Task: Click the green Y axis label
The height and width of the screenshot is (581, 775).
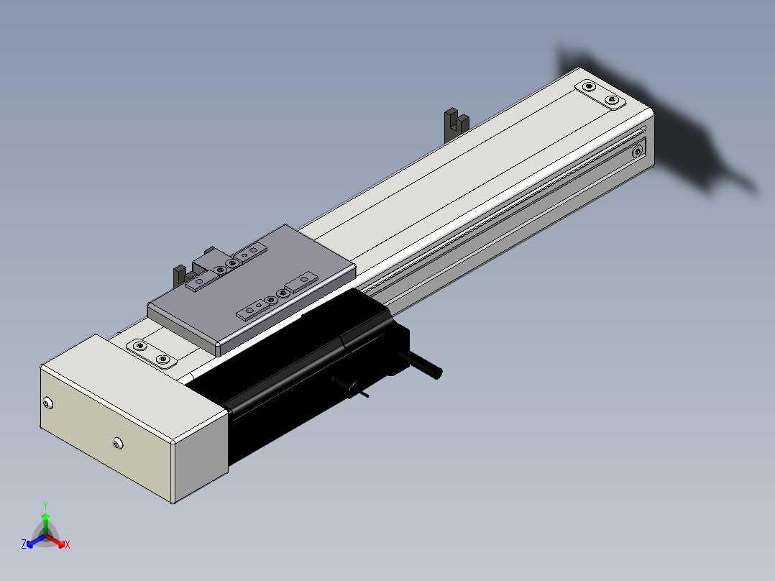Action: tap(45, 505)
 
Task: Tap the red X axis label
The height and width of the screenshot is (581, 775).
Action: tap(68, 544)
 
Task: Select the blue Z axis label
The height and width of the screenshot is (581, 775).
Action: tap(24, 544)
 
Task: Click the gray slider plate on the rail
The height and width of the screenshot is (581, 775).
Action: tap(252, 289)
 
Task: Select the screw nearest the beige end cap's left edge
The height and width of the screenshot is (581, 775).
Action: tap(47, 403)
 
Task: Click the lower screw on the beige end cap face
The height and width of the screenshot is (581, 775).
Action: tap(118, 443)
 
